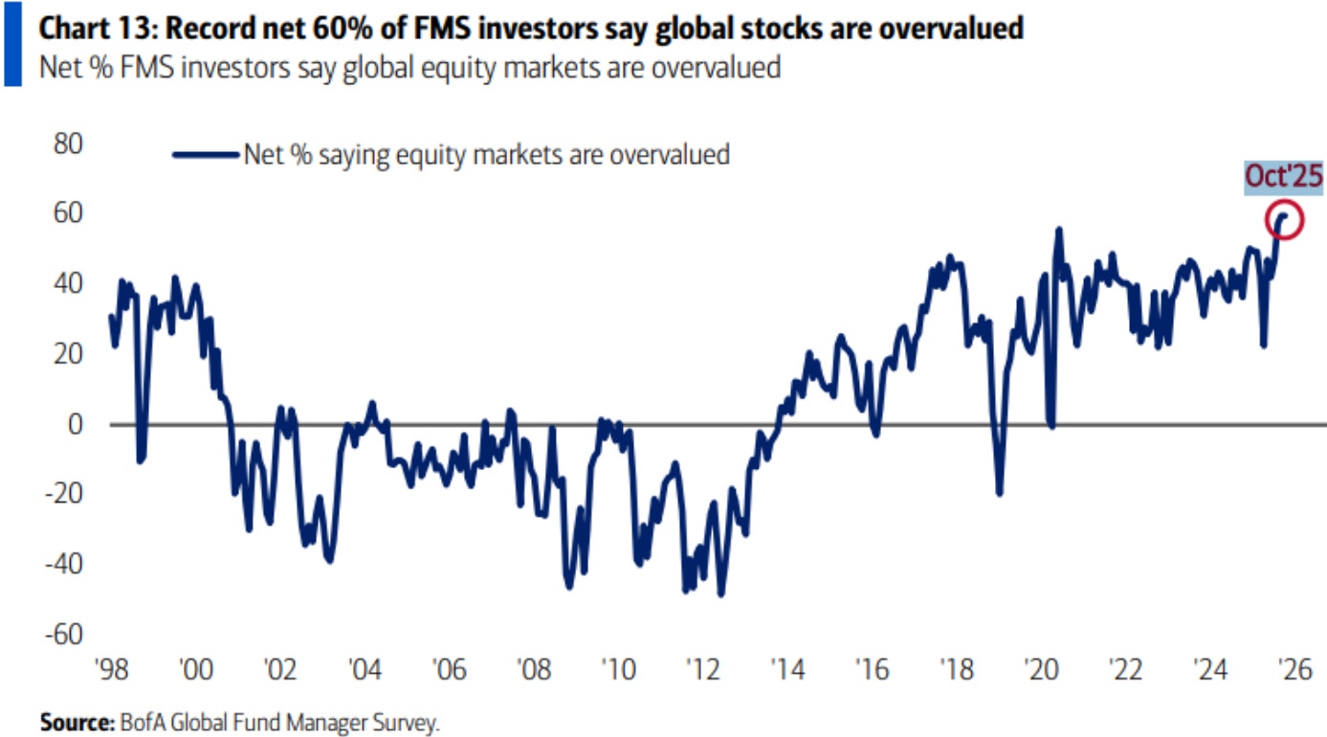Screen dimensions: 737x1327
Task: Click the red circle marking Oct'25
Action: click(1283, 221)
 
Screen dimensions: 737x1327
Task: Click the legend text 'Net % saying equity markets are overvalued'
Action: click(487, 153)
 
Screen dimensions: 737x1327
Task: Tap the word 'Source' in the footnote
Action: click(72, 722)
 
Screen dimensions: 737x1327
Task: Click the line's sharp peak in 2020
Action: click(1059, 230)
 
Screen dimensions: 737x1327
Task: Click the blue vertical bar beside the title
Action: click(11, 43)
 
